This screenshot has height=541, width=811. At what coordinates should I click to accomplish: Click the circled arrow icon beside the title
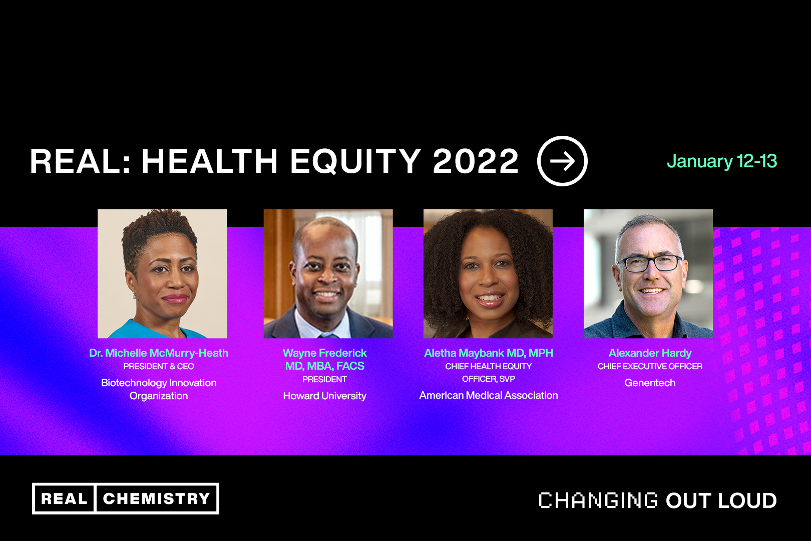tap(562, 160)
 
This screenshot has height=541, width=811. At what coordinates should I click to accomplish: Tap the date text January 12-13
tap(722, 161)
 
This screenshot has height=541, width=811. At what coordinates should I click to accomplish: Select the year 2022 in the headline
tap(476, 161)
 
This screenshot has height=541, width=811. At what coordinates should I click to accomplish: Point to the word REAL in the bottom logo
tap(64, 498)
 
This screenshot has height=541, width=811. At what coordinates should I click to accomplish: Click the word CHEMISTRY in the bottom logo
tap(156, 498)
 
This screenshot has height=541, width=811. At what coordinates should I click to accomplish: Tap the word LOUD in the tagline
tap(747, 500)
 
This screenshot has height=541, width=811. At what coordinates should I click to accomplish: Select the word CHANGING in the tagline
tap(598, 500)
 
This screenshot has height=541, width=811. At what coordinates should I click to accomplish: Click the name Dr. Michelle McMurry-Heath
tap(159, 353)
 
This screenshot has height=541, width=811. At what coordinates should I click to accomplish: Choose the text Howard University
tap(325, 396)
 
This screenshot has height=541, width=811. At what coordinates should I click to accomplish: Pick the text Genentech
tap(650, 383)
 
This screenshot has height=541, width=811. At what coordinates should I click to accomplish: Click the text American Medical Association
tap(489, 395)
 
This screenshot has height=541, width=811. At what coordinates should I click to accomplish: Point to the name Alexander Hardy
tap(650, 353)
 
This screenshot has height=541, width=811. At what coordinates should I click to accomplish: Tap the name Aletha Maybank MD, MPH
tap(489, 353)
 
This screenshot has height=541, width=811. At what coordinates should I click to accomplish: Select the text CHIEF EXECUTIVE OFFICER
tap(650, 366)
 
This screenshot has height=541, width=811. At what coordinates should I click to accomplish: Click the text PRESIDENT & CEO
tap(159, 366)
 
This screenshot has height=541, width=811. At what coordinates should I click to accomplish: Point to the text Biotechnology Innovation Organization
tap(159, 389)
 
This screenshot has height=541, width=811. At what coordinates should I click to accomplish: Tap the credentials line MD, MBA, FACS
tap(325, 366)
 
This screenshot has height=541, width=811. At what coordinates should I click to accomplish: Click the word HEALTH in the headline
tap(209, 161)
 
